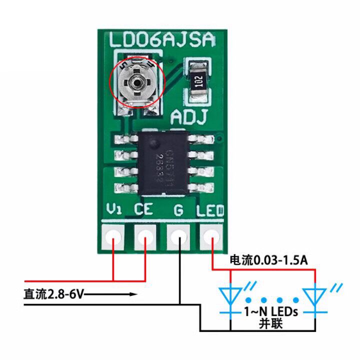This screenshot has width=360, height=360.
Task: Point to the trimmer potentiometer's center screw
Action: (135, 81)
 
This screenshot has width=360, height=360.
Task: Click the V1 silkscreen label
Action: (114, 210)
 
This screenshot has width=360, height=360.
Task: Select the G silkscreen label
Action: (178, 210)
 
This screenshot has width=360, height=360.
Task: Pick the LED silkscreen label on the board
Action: (210, 210)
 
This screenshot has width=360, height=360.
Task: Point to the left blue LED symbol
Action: (230, 296)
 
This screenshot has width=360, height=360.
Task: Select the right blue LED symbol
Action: (315, 296)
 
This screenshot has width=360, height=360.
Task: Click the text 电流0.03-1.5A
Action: (268, 260)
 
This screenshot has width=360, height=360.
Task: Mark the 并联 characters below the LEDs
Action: (271, 324)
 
